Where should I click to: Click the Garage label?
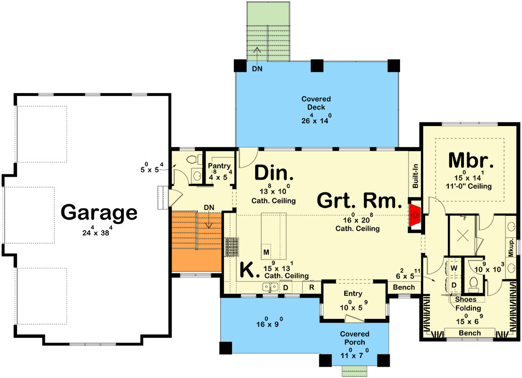(x=99, y=213)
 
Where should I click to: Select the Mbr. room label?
(x=471, y=160)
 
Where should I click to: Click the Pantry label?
(x=219, y=166)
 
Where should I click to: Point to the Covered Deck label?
(x=316, y=103)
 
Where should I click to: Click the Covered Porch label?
(x=355, y=338)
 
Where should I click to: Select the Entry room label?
(x=353, y=294)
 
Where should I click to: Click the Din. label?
(x=274, y=173)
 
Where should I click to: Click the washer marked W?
(x=454, y=268)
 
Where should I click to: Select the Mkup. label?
(x=511, y=247)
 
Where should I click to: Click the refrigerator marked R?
(x=312, y=287)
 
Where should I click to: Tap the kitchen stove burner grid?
(x=231, y=247)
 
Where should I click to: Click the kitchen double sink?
(x=271, y=287)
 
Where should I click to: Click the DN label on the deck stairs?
(x=257, y=69)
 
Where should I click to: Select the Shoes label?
(x=466, y=299)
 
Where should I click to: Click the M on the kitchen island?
(x=266, y=252)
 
